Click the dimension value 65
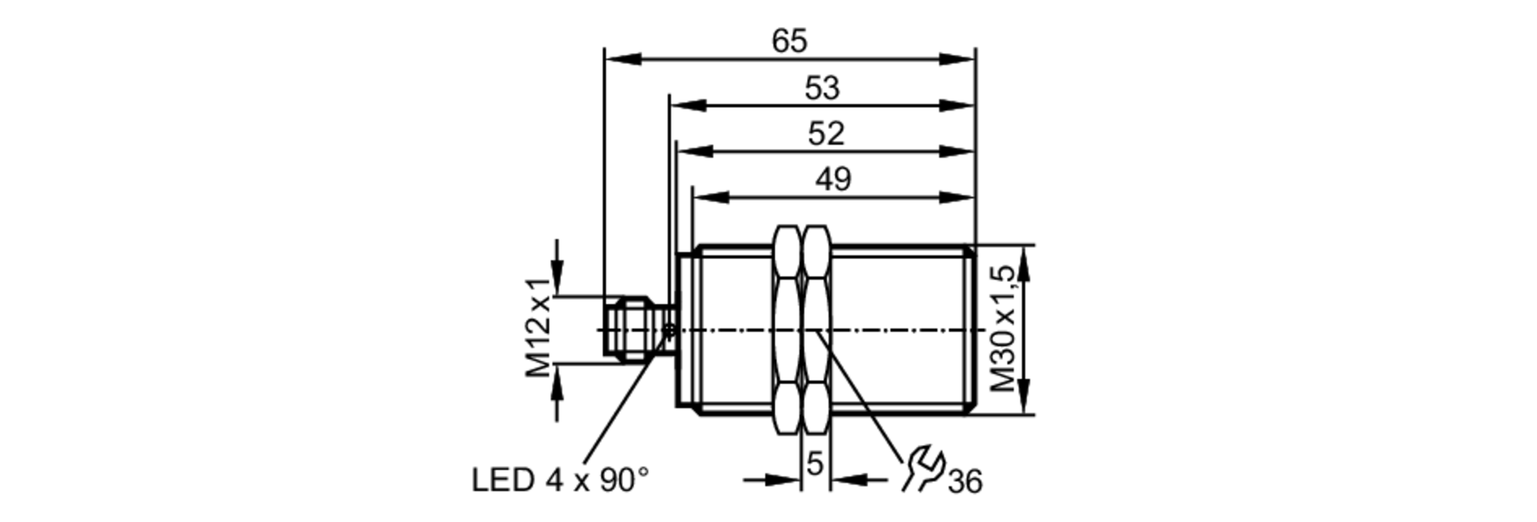(x=789, y=41)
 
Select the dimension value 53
(x=822, y=88)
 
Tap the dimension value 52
(x=825, y=134)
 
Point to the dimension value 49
(x=833, y=179)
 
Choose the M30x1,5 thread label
(x=1004, y=329)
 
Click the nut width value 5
(x=815, y=464)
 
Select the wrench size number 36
(x=965, y=483)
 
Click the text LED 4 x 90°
(x=560, y=480)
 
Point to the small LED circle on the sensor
(x=669, y=331)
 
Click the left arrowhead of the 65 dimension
(x=622, y=58)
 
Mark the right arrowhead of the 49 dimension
(x=957, y=197)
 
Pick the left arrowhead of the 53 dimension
(x=688, y=105)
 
